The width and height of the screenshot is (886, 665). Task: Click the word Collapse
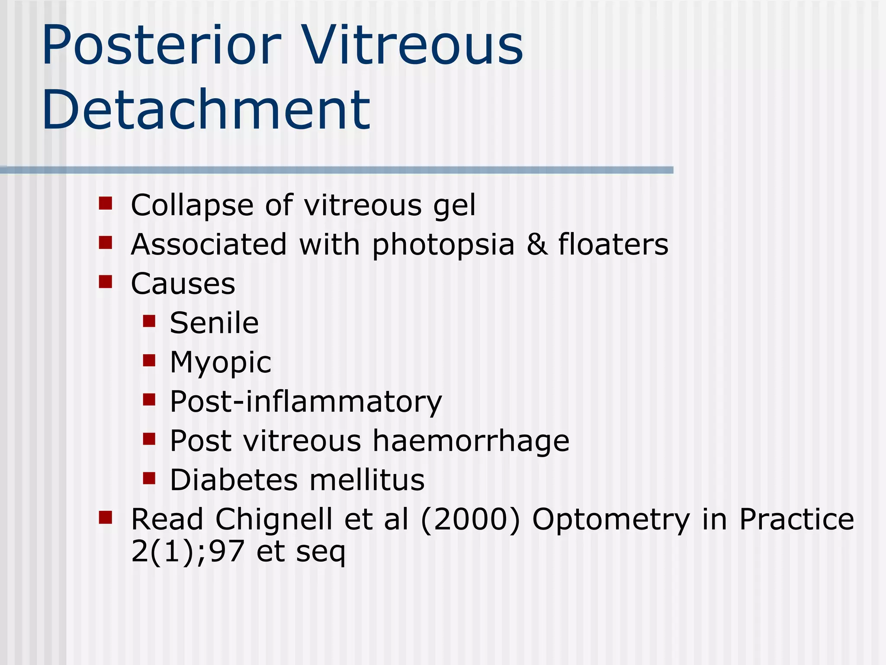(x=192, y=205)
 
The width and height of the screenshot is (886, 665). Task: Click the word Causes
(x=183, y=284)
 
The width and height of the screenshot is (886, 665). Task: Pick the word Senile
(x=214, y=323)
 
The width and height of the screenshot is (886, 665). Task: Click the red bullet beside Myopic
(x=149, y=360)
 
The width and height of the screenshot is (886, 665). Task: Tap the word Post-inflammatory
(x=306, y=402)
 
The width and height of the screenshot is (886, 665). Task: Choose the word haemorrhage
(x=471, y=441)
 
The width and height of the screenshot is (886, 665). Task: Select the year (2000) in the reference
(x=470, y=520)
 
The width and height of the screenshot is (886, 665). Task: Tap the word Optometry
(x=611, y=520)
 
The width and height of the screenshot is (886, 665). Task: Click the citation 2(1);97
(x=188, y=552)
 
